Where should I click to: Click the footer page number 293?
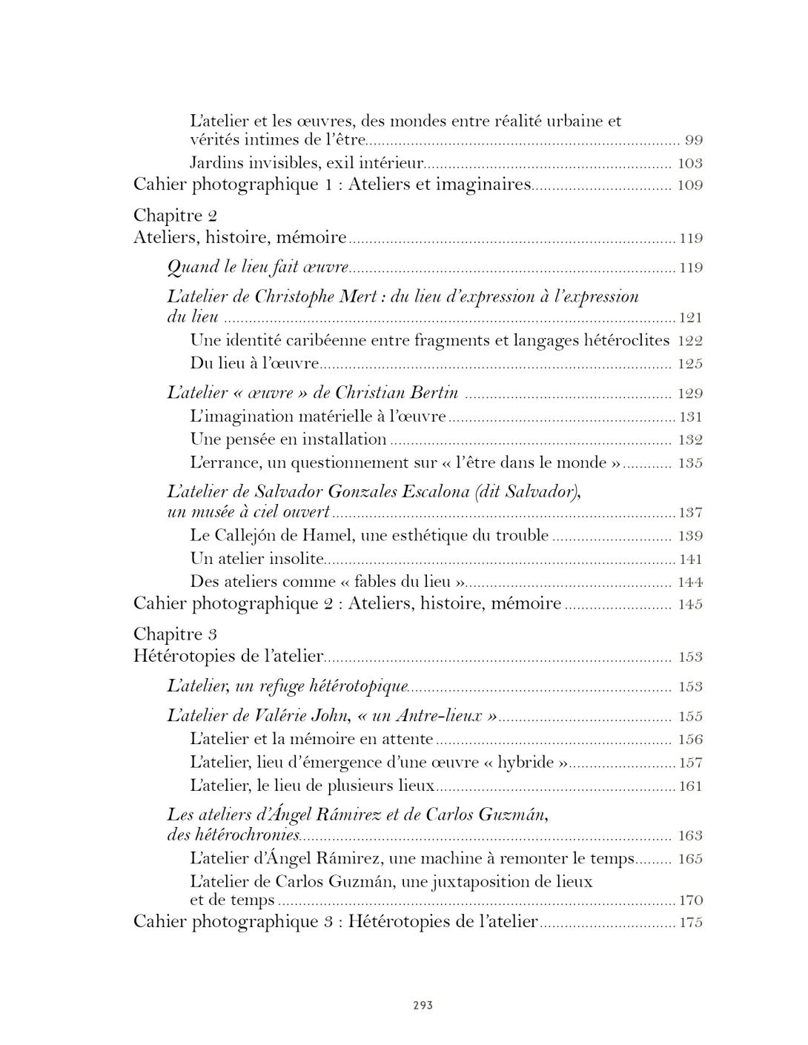click(423, 1006)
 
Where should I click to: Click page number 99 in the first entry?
click(693, 141)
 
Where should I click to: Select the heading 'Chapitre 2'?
click(175, 216)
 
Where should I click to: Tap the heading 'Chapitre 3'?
click(175, 634)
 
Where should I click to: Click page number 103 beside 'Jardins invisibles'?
click(689, 164)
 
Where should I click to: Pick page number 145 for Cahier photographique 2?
click(689, 605)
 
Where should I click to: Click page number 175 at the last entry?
click(691, 923)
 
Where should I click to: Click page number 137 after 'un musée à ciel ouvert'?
click(691, 513)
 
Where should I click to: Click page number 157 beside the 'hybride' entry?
click(691, 763)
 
